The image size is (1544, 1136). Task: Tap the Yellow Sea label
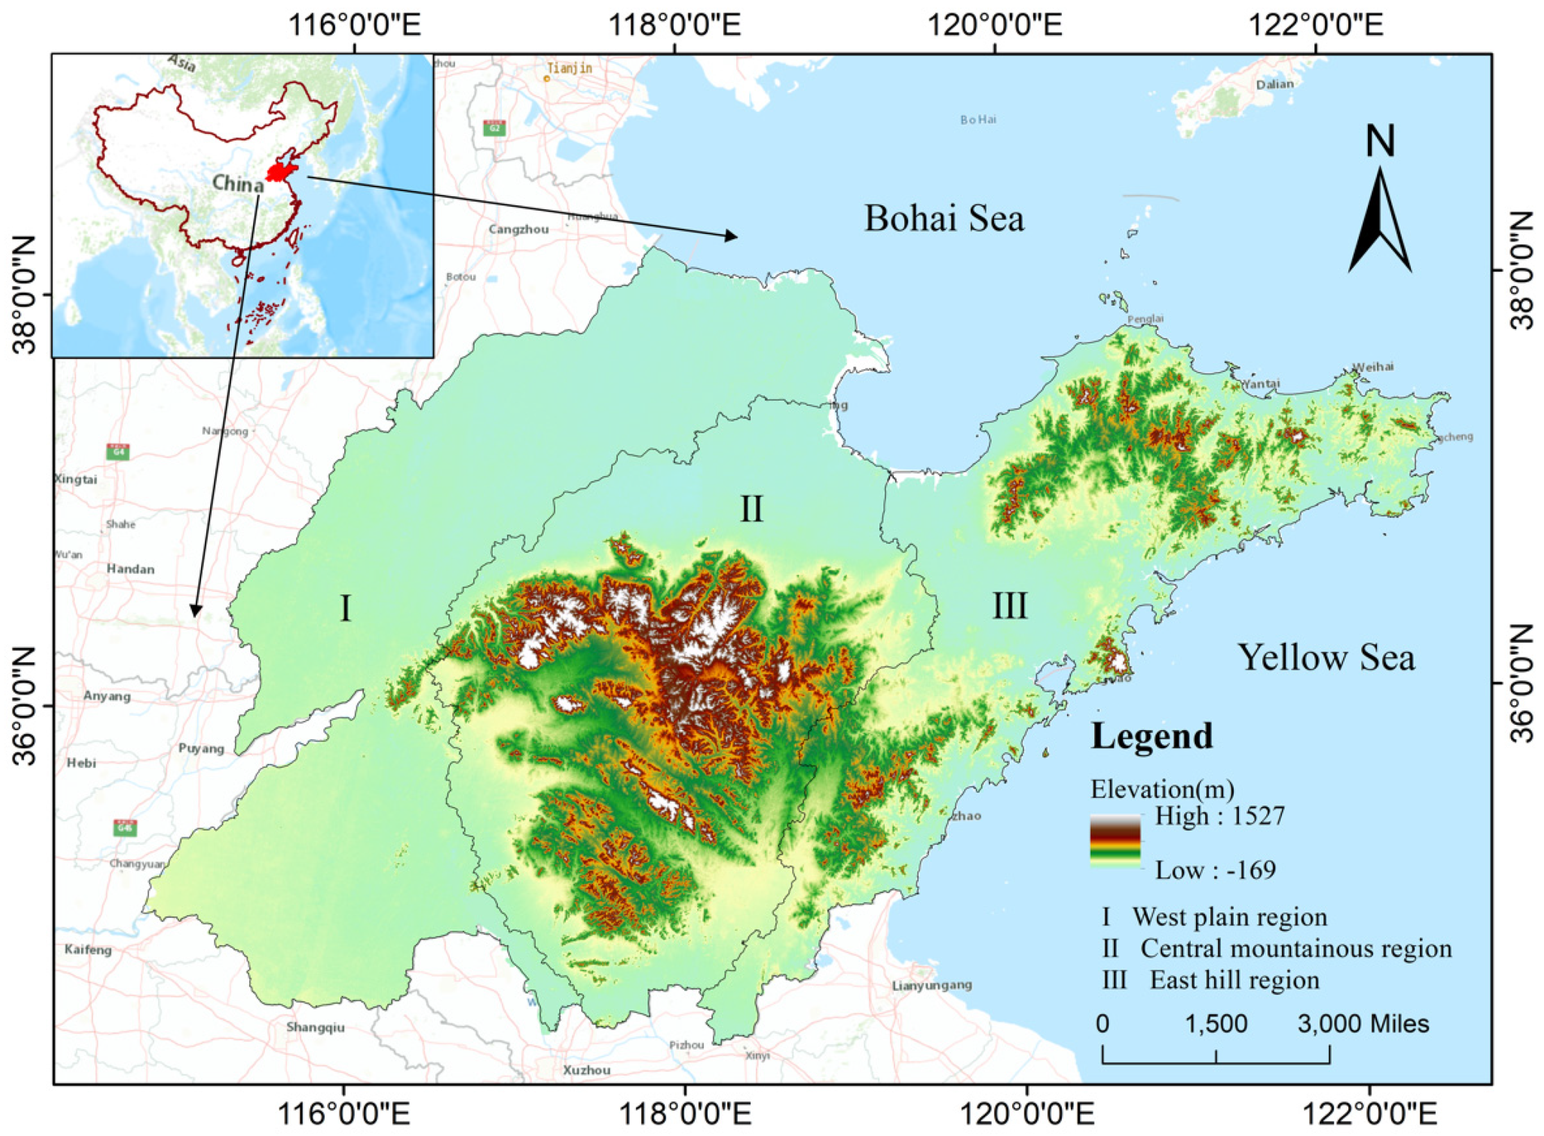coord(1326,657)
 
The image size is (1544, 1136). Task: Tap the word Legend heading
coord(1152,736)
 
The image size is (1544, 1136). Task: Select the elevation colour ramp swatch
coord(1115,841)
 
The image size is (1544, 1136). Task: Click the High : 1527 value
coord(1219,816)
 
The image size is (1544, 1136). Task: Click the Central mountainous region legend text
coord(1296,949)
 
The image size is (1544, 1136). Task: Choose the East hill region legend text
coord(1234,980)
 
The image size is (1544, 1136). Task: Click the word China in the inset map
coord(238,184)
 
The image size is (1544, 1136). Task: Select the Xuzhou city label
coord(587,1071)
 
